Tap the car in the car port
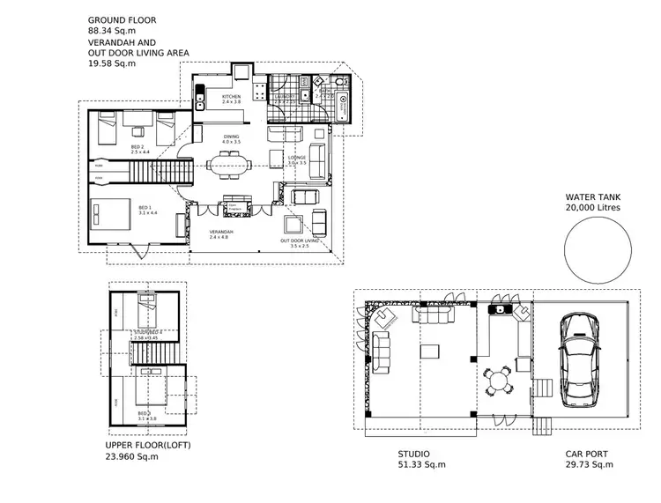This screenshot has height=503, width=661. click(x=579, y=355)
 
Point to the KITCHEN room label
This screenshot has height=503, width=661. click(x=231, y=97)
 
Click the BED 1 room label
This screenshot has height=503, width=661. click(x=146, y=208)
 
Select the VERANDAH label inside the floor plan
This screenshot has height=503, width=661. click(x=219, y=232)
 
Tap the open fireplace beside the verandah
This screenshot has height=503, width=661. click(x=235, y=206)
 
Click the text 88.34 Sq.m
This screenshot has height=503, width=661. click(x=113, y=31)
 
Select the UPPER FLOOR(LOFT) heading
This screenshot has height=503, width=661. click(x=147, y=446)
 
